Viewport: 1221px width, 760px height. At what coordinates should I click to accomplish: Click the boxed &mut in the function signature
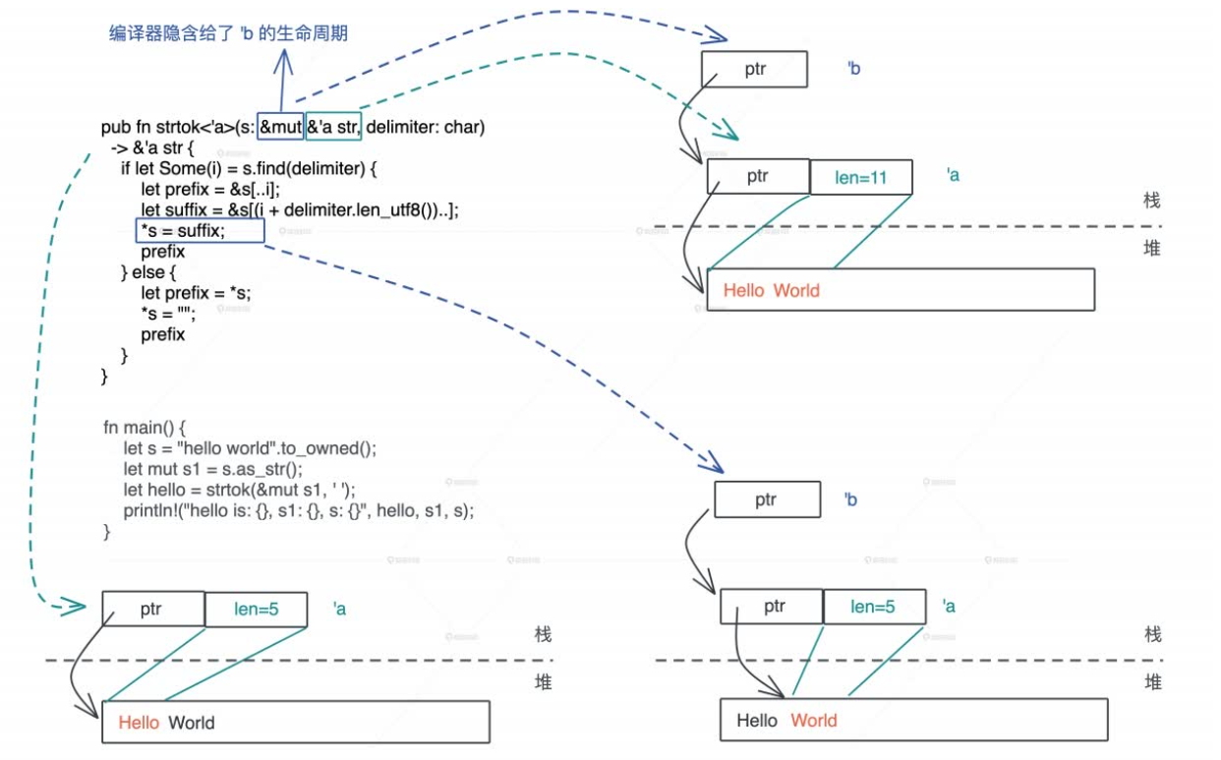[280, 127]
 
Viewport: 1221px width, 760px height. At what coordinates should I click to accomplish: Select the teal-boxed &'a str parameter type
[334, 127]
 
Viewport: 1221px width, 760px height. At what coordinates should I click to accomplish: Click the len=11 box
[860, 178]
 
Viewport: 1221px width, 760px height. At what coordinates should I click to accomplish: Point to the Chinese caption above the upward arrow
[228, 34]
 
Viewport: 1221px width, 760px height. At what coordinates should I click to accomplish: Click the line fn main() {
[144, 428]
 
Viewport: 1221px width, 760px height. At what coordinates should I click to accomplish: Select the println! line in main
[298, 510]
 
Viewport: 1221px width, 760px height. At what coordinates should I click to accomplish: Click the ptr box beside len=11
[757, 177]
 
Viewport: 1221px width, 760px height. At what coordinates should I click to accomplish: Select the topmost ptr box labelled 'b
[754, 70]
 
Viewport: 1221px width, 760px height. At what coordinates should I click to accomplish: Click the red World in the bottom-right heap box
[813, 721]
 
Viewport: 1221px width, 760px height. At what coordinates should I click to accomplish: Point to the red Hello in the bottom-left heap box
[139, 723]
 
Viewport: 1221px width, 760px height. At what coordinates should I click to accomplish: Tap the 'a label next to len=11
[952, 175]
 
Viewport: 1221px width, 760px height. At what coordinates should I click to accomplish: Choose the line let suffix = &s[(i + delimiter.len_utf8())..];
[299, 210]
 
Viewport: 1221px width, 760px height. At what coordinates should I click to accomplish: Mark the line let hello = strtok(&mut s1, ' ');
[239, 490]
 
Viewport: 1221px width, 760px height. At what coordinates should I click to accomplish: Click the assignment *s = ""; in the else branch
[167, 314]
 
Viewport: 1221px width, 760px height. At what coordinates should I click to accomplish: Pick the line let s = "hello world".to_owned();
[250, 448]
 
